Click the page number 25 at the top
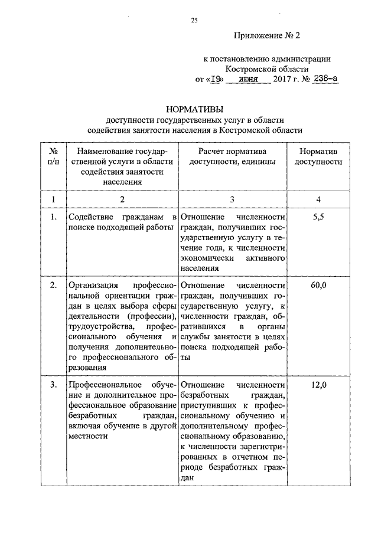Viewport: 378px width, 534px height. point(194,21)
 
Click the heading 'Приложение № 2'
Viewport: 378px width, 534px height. point(268,36)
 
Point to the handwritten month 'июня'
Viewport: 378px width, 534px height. point(250,78)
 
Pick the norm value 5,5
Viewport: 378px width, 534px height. point(318,218)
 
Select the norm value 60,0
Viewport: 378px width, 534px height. point(318,286)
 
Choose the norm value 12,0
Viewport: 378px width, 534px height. point(318,386)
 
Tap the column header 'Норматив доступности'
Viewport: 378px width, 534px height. point(318,156)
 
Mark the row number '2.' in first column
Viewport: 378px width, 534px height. point(53,286)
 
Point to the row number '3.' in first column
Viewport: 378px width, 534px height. point(53,386)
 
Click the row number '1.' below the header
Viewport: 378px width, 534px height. point(53,218)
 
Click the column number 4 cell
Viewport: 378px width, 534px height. point(318,199)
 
